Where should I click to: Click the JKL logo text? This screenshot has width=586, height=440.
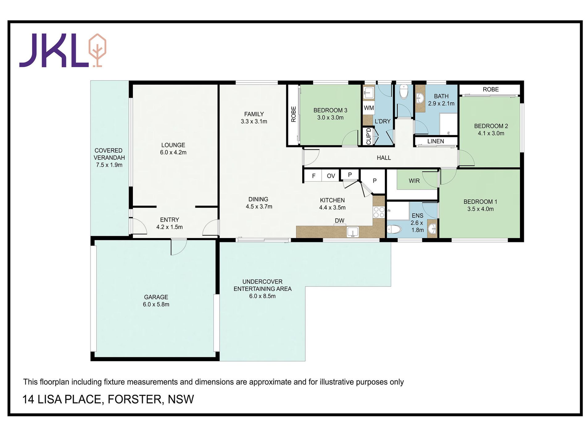tap(54, 50)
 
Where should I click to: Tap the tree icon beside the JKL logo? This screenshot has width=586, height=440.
tap(97, 50)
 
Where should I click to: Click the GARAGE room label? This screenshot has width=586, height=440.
tap(156, 297)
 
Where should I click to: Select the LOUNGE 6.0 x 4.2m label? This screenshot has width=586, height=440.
tap(173, 149)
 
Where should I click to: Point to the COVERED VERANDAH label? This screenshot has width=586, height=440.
tap(109, 154)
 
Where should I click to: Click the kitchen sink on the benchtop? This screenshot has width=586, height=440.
tap(353, 232)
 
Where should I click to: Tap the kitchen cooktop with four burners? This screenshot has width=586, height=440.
tap(379, 212)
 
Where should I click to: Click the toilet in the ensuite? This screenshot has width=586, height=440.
tap(394, 229)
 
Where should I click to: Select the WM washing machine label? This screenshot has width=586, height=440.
tap(369, 108)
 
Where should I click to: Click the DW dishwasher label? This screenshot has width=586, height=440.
tap(340, 220)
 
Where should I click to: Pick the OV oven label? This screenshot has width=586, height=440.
tap(331, 176)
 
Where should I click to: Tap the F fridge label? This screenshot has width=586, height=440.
tap(314, 176)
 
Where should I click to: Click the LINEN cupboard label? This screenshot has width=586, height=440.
tap(435, 141)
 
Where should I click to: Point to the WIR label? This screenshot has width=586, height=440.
tap(414, 181)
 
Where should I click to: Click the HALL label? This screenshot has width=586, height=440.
tap(384, 158)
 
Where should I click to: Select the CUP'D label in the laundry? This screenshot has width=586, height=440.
tap(369, 136)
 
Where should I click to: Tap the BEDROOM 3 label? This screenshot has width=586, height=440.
tap(330, 110)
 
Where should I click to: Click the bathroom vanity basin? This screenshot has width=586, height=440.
tap(419, 98)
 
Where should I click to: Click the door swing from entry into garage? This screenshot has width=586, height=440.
tap(179, 247)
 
